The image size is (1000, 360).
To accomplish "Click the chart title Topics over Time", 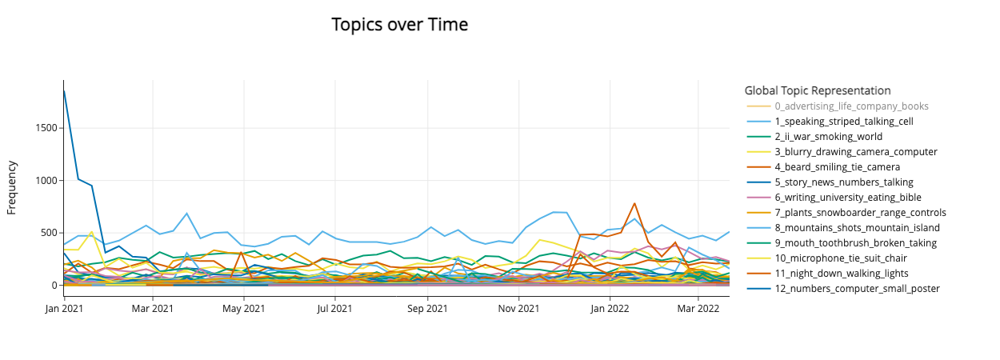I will coord(399,25).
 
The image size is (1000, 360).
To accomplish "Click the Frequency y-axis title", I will coord(12,187).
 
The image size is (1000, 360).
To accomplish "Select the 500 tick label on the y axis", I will coord(47,233).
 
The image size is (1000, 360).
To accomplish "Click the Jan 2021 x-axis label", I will coord(64,307).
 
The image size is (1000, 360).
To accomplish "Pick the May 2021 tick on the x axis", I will coord(243,307).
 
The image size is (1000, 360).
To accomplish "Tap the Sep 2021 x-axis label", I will coord(427,307).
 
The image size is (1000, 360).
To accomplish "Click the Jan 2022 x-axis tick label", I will coord(610,307).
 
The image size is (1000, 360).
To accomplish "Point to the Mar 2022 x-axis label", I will coord(698,307).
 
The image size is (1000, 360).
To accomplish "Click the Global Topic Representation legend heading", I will coord(817,90).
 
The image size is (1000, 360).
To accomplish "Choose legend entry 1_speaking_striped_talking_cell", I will coord(843,122).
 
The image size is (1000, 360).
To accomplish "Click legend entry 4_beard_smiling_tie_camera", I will coord(837,167).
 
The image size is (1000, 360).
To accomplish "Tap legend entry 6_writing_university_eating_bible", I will coord(847,198).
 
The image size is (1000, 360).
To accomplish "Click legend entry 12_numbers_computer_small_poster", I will coord(857,289).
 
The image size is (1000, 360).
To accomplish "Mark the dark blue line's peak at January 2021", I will coord(64,90).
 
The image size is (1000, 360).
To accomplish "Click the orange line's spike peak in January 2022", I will coord(634,203).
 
